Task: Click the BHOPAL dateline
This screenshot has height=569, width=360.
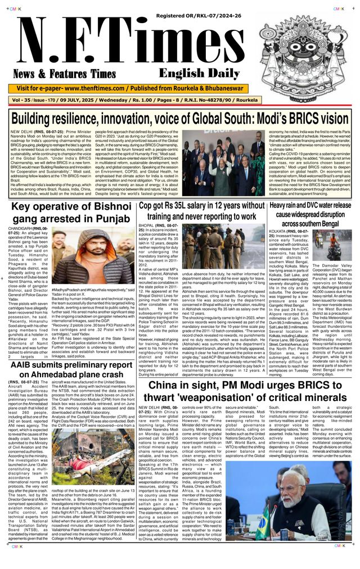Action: [148, 225]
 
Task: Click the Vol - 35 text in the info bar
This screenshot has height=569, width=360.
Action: [21, 100]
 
